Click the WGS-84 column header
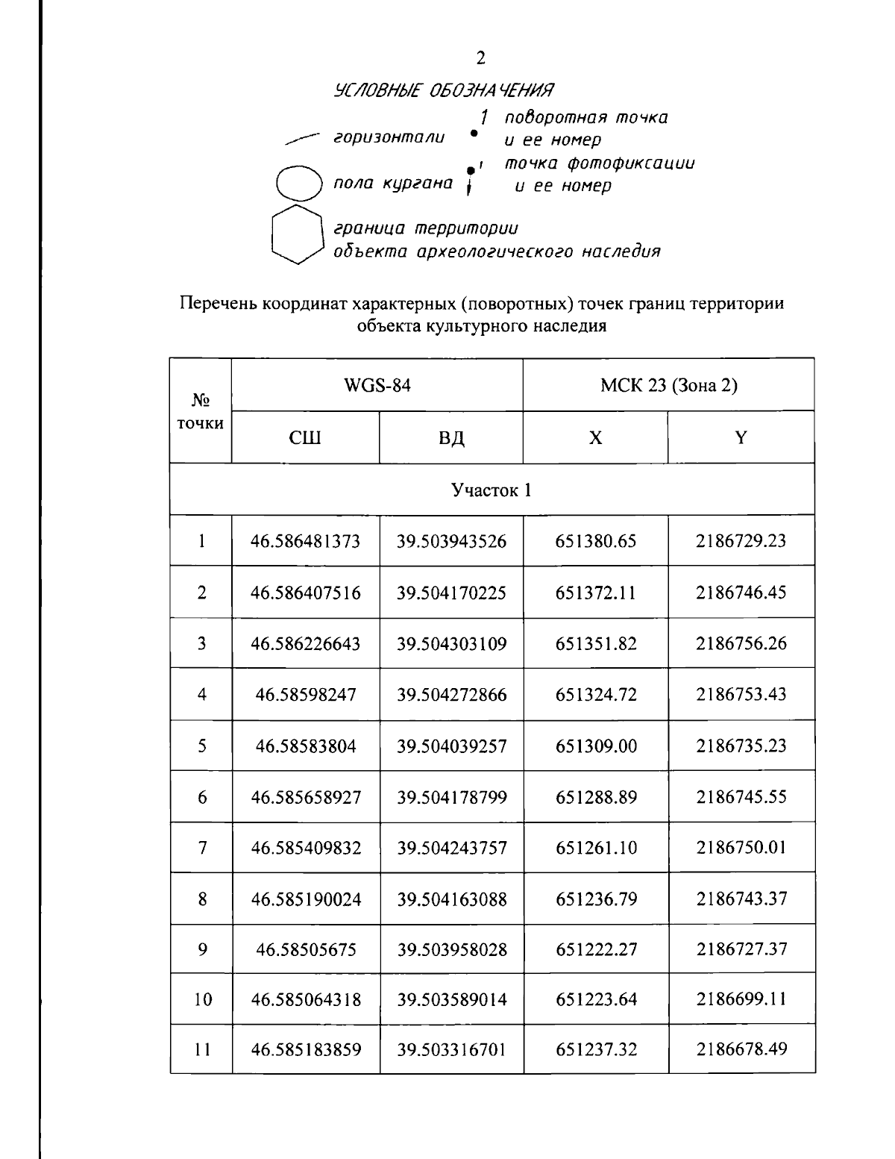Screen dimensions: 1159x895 click(377, 385)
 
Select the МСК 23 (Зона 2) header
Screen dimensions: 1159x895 click(668, 385)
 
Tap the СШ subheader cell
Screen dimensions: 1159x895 click(305, 438)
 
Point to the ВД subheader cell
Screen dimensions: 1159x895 click(451, 438)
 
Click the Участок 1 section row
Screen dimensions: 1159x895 click(492, 490)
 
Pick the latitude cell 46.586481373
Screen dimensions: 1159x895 click(306, 541)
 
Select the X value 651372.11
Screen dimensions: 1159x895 click(596, 593)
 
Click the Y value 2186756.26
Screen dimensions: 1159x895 click(741, 643)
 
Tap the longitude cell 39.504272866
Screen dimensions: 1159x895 click(451, 695)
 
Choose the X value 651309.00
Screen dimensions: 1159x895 click(596, 746)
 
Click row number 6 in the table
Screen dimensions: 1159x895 click(201, 797)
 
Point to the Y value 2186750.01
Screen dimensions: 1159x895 click(741, 848)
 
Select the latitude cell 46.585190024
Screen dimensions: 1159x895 click(306, 899)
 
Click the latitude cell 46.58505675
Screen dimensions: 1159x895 click(306, 950)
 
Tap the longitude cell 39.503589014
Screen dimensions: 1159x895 click(451, 999)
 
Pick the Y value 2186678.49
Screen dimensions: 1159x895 click(741, 1050)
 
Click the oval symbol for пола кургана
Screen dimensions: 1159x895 click(298, 182)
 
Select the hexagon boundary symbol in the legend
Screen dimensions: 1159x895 click(297, 233)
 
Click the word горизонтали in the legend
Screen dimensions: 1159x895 click(389, 138)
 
